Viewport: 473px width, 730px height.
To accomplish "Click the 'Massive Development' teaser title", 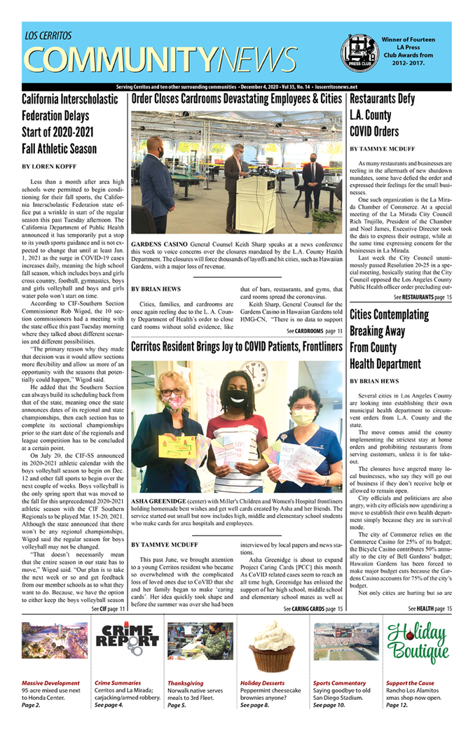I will pyautogui.click(x=50, y=682).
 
